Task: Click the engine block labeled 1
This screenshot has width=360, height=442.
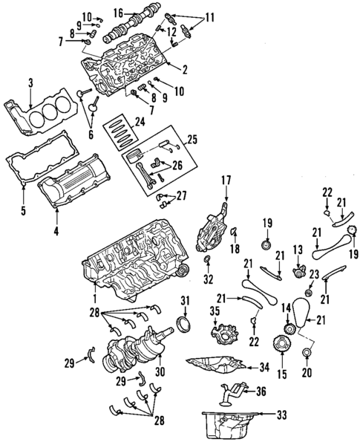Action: [134, 256]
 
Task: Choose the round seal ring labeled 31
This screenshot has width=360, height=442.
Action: [183, 329]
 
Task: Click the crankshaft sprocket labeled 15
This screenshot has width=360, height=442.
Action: [281, 346]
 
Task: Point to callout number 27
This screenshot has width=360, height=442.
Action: [183, 196]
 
